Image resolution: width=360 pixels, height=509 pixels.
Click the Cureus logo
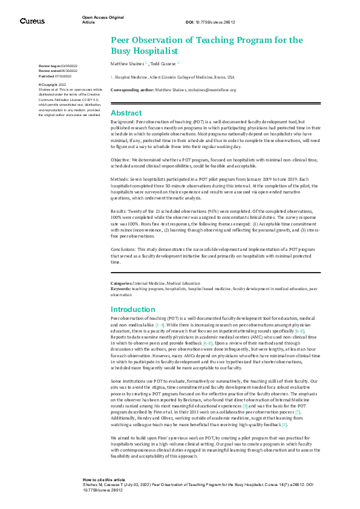(x=32, y=21)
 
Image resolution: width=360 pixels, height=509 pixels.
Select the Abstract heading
(x=126, y=113)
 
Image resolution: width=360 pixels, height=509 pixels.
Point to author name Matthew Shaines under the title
(x=126, y=63)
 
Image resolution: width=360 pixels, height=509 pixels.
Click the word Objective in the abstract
(x=121, y=160)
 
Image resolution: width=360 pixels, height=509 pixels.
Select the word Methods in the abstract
(x=120, y=180)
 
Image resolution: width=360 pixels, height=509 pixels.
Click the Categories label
(x=122, y=283)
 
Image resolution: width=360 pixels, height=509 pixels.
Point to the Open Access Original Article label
(x=103, y=20)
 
